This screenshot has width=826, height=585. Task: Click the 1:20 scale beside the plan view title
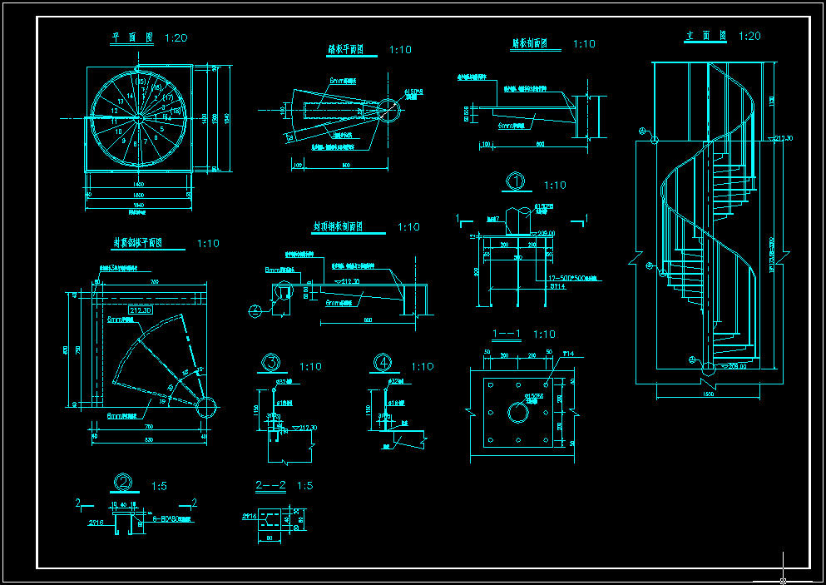click(176, 38)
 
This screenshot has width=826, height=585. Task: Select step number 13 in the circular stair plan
click(121, 100)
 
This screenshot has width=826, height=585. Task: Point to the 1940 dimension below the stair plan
click(139, 205)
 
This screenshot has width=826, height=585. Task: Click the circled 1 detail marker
click(517, 181)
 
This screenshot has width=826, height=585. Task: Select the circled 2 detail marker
click(123, 483)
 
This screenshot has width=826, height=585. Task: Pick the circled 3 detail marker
click(271, 362)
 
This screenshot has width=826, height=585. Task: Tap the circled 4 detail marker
click(383, 362)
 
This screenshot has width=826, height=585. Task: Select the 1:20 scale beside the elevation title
click(749, 37)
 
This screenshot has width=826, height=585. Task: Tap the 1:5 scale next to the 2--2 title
click(304, 486)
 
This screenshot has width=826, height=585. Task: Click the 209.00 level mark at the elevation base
click(731, 366)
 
